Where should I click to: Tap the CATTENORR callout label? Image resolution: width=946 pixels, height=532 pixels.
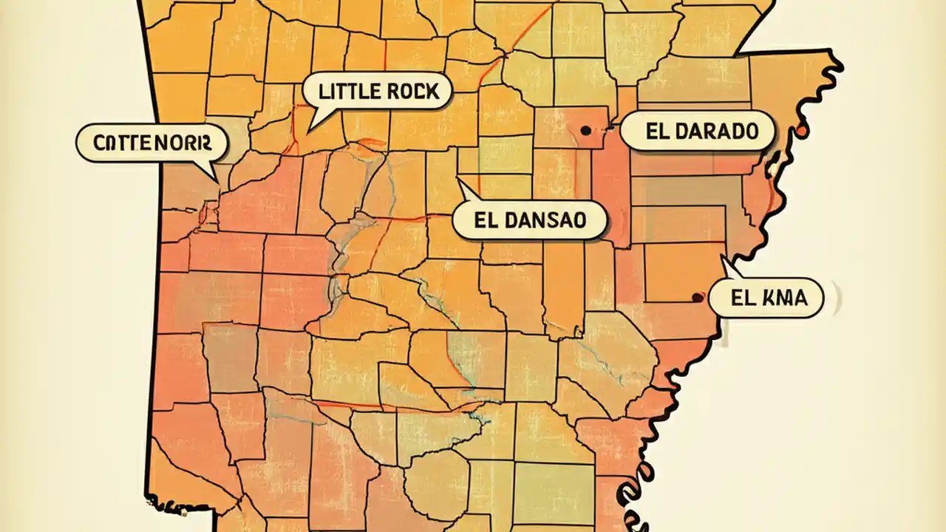coord(151,143)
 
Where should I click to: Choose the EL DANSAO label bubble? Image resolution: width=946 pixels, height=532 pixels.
coord(529,220)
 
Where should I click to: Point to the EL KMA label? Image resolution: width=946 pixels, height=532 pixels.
coord(766,299)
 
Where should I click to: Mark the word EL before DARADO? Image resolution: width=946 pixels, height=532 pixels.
coord(656,132)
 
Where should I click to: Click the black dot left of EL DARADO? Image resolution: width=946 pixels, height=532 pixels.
coord(585,130)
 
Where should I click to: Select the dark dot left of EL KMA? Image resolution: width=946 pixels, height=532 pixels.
coord(695,298)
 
